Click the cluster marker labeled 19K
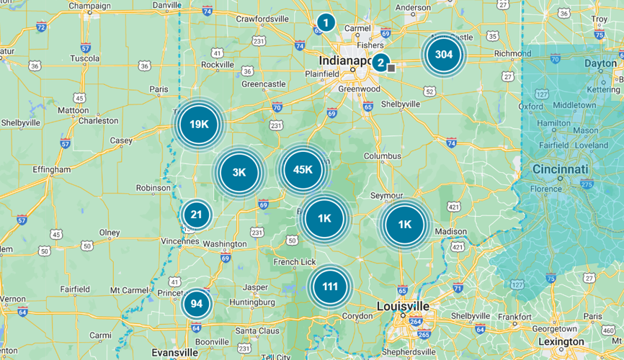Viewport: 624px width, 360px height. tap(199, 124)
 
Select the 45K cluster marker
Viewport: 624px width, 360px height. tap(303, 169)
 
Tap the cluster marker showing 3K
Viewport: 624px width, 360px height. tap(239, 172)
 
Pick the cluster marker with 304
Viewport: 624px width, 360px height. tap(444, 55)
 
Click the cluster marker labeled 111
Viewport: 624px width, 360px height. tap(330, 287)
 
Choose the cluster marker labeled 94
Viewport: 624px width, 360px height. tap(196, 303)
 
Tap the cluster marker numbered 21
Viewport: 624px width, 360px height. tap(196, 214)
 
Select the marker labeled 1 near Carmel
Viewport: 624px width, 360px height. tap(326, 23)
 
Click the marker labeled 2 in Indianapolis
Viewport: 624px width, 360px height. tap(380, 62)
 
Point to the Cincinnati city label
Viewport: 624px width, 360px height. tap(561, 169)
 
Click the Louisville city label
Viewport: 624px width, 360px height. tap(403, 306)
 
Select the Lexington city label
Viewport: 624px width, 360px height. tap(561, 341)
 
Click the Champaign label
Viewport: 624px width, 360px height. tap(90, 6)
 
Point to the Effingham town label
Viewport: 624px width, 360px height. tap(52, 170)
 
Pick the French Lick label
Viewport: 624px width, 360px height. tap(294, 261)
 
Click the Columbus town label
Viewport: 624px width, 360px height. tap(382, 156)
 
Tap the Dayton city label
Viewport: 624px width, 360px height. tap(600, 63)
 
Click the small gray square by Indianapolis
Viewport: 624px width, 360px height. tap(391, 68)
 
